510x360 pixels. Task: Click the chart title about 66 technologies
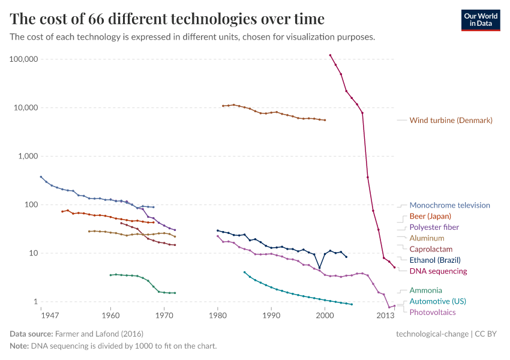167,19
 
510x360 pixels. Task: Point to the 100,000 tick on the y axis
24,59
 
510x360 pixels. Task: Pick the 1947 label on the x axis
41,315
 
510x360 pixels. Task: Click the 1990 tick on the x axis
271,315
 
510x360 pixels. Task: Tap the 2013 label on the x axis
385,315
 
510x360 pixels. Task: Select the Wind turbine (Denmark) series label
451,121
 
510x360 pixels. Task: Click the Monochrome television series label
449,205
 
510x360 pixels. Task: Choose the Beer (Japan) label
430,216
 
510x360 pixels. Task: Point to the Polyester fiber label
434,227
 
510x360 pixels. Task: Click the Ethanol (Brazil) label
435,260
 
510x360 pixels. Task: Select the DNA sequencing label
438,271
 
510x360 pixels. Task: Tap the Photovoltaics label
432,312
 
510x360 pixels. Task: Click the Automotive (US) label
437,301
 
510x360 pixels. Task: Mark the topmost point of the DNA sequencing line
330,55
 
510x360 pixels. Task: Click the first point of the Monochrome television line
41,177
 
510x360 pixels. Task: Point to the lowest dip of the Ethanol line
319,268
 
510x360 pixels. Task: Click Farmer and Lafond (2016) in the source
99,334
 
